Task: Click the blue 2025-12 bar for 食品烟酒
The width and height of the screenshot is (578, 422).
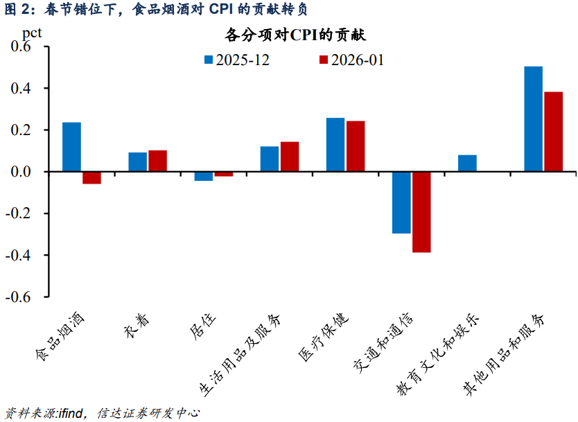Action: [71, 147]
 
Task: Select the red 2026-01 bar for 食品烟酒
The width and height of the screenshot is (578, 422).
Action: [91, 177]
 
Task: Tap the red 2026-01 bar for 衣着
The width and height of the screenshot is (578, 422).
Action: [157, 161]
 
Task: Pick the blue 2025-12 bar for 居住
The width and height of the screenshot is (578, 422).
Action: [204, 176]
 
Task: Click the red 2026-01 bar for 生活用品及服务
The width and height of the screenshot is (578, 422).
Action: [290, 157]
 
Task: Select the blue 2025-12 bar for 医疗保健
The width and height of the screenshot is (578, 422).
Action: [335, 145]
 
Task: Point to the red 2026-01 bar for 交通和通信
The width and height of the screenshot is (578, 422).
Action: [421, 212]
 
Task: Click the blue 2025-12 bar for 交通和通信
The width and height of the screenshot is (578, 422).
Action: [401, 202]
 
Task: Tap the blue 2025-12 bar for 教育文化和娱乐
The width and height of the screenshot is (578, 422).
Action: [467, 163]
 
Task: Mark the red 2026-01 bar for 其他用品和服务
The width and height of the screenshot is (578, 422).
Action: [553, 132]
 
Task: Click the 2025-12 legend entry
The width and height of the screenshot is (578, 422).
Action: [236, 60]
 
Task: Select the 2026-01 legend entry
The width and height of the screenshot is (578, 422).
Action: [351, 60]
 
